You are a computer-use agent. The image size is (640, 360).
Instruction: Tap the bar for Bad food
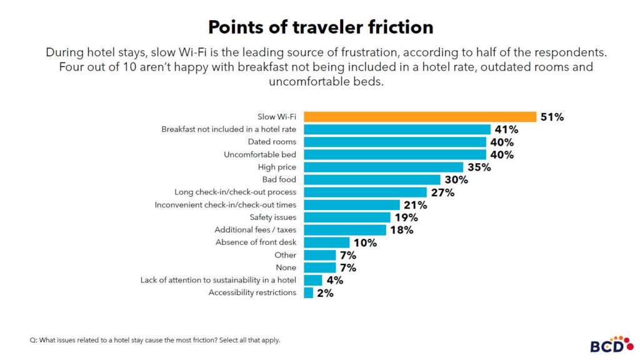click(x=372, y=180)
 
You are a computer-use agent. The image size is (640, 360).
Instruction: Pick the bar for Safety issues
click(x=347, y=217)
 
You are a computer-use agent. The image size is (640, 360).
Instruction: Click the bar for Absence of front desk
click(x=326, y=242)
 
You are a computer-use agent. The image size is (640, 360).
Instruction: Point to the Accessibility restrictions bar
click(x=308, y=292)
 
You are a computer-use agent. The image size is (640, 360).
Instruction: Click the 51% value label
click(x=552, y=117)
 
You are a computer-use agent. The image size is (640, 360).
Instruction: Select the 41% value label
click(x=506, y=129)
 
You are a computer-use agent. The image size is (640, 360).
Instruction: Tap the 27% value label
click(x=442, y=192)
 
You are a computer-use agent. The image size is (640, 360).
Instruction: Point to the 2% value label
click(x=325, y=292)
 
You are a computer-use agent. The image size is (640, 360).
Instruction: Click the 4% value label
click(x=334, y=280)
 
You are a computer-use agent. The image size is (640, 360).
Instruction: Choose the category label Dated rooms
click(x=272, y=142)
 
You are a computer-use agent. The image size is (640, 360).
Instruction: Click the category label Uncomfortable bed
click(x=260, y=154)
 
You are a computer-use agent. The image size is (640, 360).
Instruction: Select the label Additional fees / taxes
click(x=255, y=230)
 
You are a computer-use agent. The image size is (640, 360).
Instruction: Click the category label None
click(x=286, y=267)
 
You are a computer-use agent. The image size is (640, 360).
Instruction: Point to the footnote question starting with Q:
click(x=155, y=341)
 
